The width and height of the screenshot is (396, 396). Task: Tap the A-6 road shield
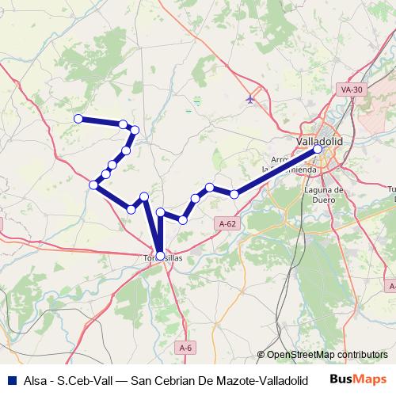pyautogui.click(x=185, y=348)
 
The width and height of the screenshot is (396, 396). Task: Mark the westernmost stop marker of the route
pyautogui.click(x=78, y=119)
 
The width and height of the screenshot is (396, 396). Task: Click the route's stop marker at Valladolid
pyautogui.click(x=318, y=149)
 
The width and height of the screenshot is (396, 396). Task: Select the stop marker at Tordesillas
pyautogui.click(x=161, y=256)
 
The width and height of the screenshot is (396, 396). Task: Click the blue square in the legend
pyautogui.click(x=10, y=379)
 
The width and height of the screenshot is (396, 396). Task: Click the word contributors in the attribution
pyautogui.click(x=363, y=355)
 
